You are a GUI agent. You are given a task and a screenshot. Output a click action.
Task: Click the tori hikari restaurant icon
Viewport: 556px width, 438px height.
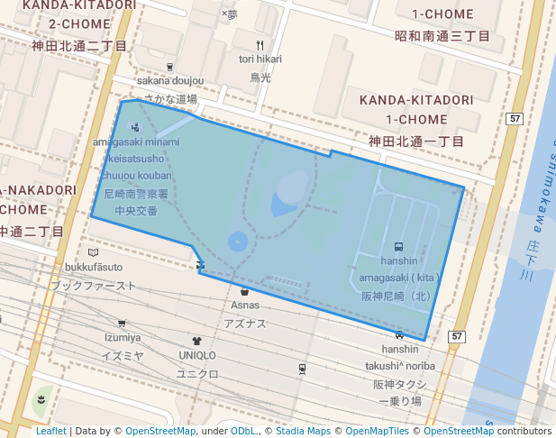pos(260,45)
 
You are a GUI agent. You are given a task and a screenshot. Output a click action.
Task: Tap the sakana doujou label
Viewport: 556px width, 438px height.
pos(170,81)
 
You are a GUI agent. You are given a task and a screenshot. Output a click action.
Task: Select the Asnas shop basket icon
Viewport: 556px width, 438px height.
pos(244,291)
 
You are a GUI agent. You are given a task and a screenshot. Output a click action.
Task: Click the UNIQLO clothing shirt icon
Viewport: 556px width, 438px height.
pos(197,341)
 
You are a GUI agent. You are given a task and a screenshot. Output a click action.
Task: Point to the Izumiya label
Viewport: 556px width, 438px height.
pos(123,338)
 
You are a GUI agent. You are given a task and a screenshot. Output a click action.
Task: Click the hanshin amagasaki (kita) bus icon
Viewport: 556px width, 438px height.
pos(398,246)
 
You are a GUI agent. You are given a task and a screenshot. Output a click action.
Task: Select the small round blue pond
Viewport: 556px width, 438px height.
pos(238,242)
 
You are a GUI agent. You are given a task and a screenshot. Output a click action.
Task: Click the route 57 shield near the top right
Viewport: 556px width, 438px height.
pos(515,119)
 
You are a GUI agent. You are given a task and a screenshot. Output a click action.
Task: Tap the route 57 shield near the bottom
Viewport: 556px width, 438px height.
pos(458,337)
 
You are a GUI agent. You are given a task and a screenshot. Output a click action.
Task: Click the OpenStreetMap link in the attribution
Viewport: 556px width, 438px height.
pos(160,432)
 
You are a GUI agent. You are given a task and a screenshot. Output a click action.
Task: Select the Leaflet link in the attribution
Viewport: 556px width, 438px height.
pos(50,432)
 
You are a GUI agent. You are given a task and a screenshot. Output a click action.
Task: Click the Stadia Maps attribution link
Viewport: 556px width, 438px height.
pos(303,432)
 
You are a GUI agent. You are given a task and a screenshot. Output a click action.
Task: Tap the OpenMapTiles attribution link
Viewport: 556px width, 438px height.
pos(373,432)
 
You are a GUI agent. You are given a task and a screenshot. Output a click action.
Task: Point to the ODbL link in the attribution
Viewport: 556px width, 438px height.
pos(243,432)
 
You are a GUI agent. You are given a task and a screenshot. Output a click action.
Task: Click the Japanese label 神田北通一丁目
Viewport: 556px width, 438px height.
pos(415,141)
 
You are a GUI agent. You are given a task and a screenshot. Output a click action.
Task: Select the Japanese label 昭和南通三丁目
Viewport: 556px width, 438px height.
pos(442,36)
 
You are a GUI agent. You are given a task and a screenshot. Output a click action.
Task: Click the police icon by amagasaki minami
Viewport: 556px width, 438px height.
pos(135,127)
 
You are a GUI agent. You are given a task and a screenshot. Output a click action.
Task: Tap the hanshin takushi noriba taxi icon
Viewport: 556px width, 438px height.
pos(400,335)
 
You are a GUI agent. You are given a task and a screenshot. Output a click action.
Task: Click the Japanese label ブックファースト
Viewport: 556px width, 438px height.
pos(94,286)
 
